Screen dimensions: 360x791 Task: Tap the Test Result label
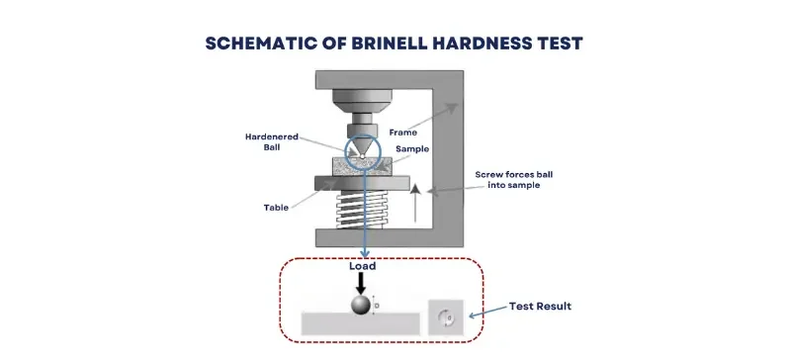(540, 307)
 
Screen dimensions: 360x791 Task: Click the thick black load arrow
(360, 283)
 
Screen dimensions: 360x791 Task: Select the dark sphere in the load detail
(360, 306)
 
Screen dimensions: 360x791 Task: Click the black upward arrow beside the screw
(416, 202)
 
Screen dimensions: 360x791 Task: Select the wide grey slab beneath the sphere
(360, 323)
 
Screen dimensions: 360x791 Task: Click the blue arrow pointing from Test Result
(485, 312)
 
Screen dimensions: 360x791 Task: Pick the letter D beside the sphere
(377, 306)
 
